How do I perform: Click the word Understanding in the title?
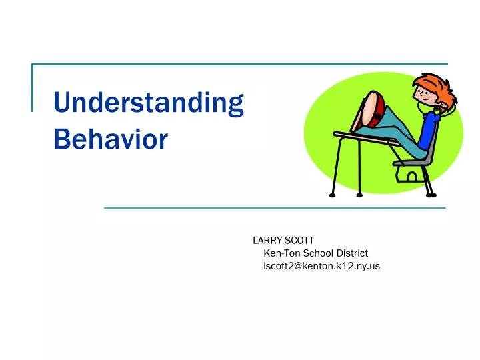[148, 104]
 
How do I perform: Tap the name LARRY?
[267, 240]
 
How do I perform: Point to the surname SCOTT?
[299, 240]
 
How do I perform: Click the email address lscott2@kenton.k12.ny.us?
[321, 266]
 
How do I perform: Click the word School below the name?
[315, 253]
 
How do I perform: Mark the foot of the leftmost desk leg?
[331, 195]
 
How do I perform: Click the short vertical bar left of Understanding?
[32, 87]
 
